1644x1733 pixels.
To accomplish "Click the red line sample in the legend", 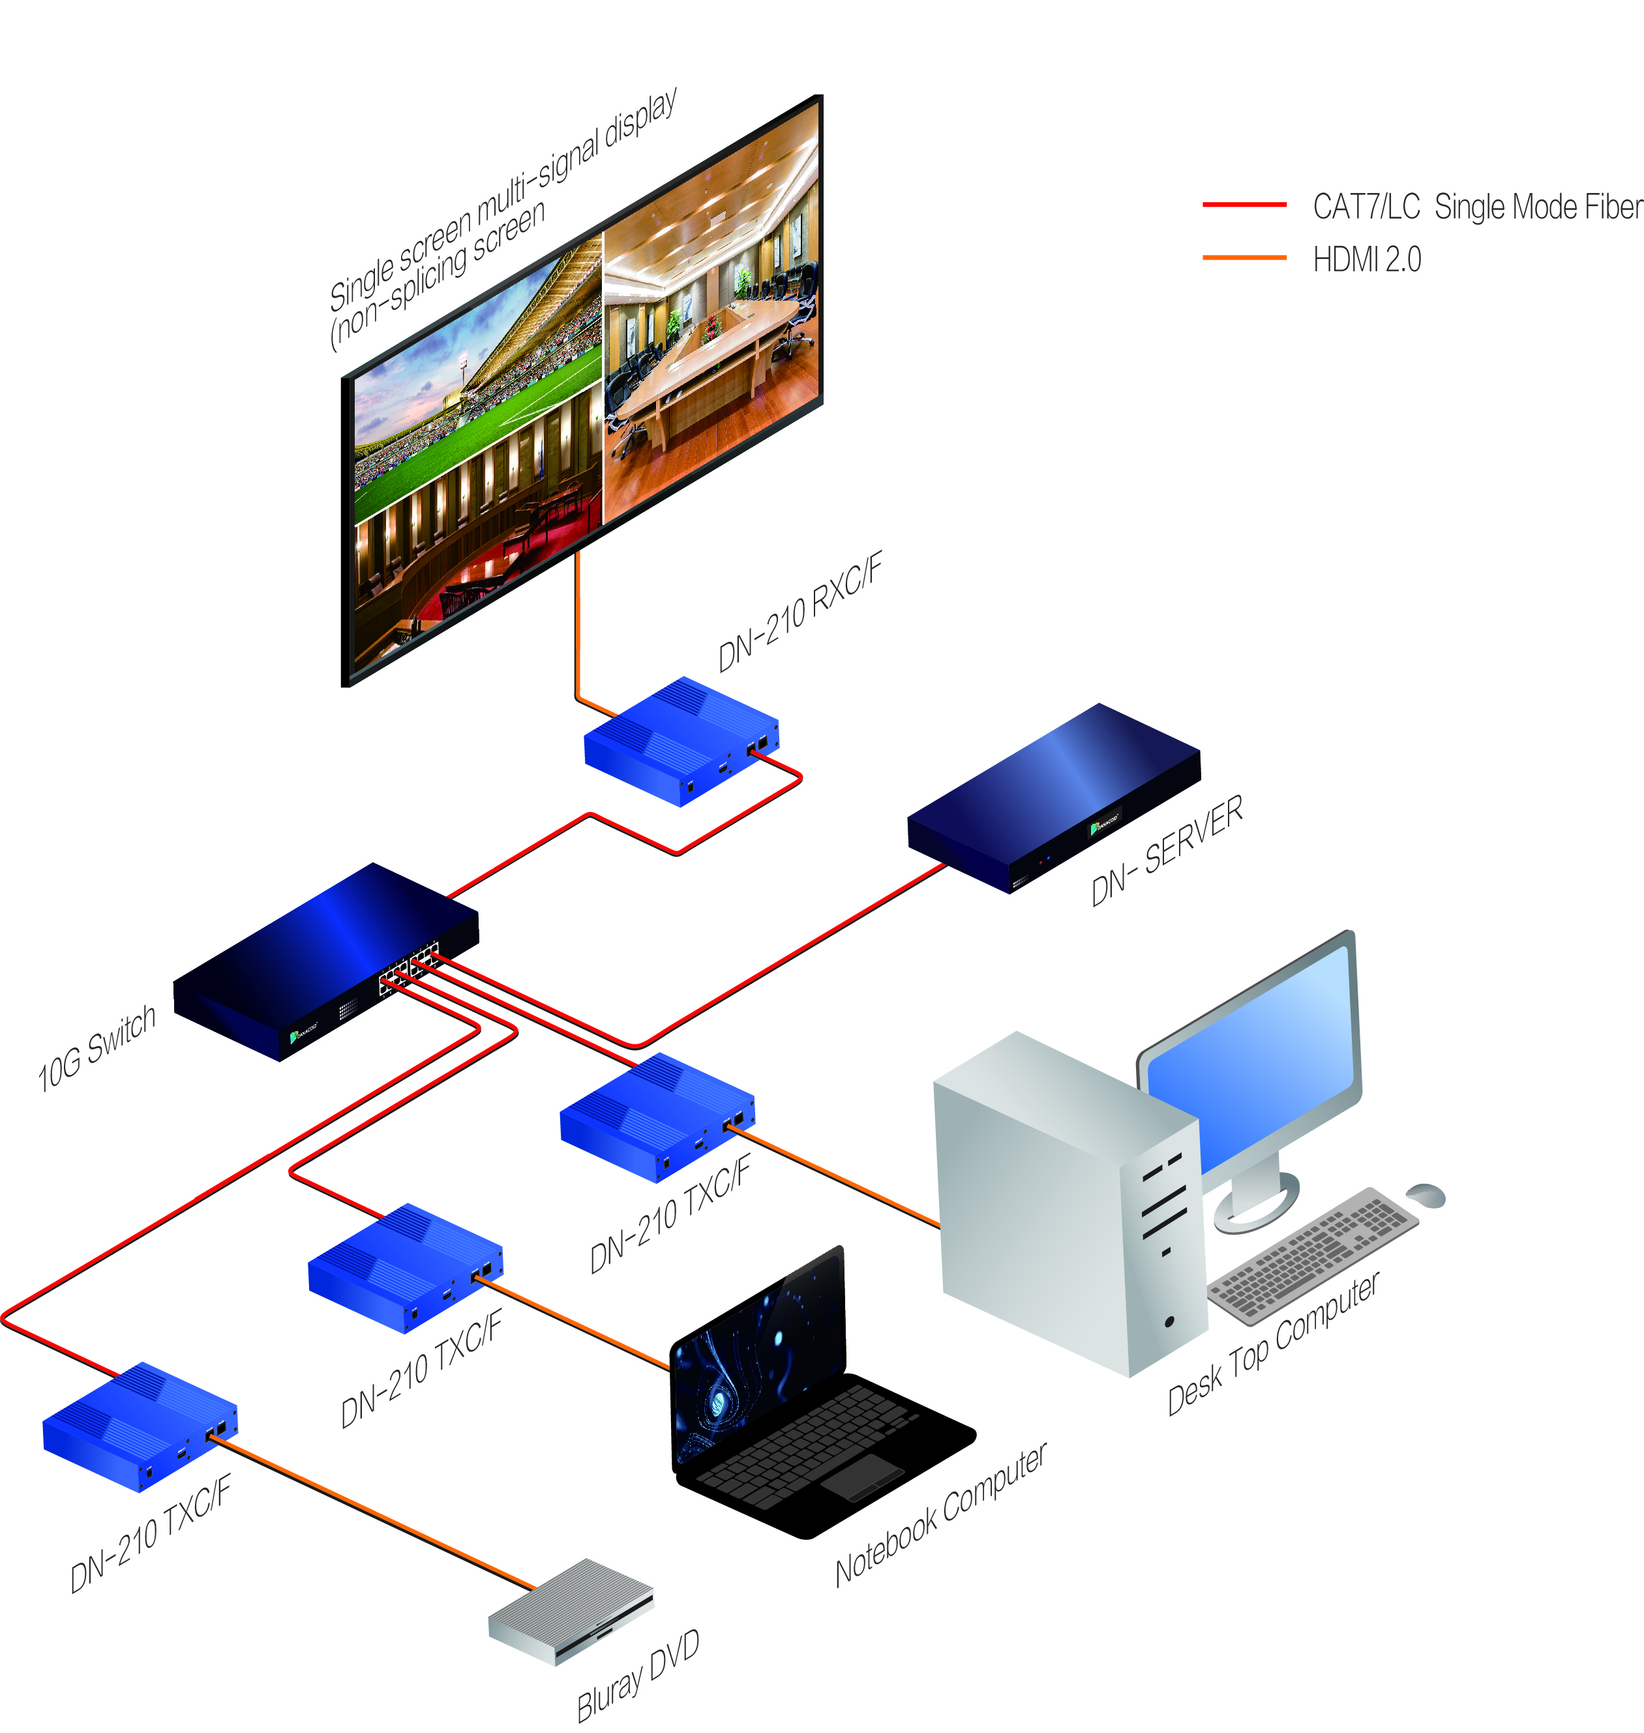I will click(x=1244, y=204).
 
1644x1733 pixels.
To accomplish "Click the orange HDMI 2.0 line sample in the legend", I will click(x=1244, y=258).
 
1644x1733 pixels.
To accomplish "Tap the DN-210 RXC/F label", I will click(x=800, y=612).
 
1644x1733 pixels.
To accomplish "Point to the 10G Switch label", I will click(x=97, y=1048).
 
